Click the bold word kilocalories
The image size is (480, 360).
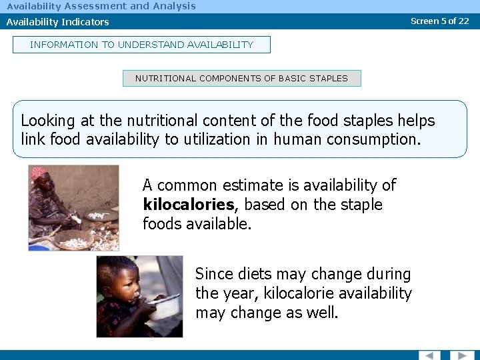189,205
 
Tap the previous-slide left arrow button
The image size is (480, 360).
429,355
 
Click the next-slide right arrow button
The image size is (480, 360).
461,355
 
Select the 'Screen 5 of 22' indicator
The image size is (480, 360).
440,21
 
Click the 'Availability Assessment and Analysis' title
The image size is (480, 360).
101,6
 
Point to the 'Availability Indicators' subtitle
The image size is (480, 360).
58,22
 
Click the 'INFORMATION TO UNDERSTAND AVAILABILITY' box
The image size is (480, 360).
141,45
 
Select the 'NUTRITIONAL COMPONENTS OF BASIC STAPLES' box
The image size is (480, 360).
241,78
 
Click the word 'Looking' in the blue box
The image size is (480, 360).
48,121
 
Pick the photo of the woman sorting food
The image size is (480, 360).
73,207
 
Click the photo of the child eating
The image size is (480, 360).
139,296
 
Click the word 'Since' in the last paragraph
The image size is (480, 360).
215,274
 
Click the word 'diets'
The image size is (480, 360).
259,274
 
